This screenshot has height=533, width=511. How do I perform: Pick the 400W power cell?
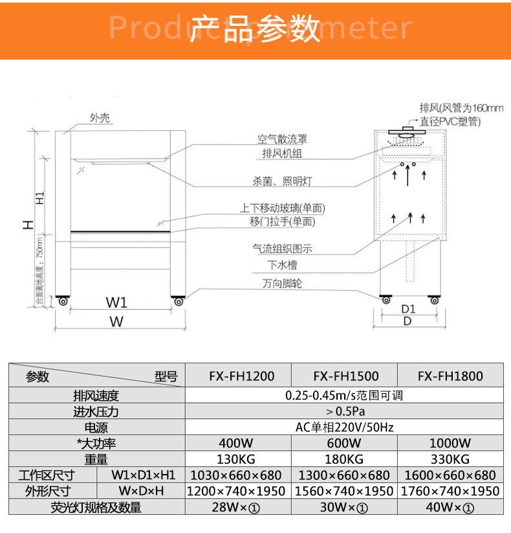pos(238,444)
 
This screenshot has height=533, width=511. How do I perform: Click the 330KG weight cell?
pos(450,459)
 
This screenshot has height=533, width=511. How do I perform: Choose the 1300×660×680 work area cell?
pos(345,475)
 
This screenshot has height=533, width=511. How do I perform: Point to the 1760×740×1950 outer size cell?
pos(450,492)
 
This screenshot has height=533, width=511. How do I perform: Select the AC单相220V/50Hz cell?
pos(345,427)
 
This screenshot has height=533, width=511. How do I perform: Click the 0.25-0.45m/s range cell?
pos(345,395)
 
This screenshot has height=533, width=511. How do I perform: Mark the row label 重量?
pos(96,459)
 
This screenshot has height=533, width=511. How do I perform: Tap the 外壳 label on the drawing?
pos(100,118)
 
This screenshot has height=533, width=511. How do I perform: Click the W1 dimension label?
pos(116,302)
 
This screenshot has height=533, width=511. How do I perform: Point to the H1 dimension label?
pos(40,198)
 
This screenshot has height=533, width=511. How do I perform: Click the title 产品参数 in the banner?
pos(256,29)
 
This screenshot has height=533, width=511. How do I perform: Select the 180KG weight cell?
pos(345,459)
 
